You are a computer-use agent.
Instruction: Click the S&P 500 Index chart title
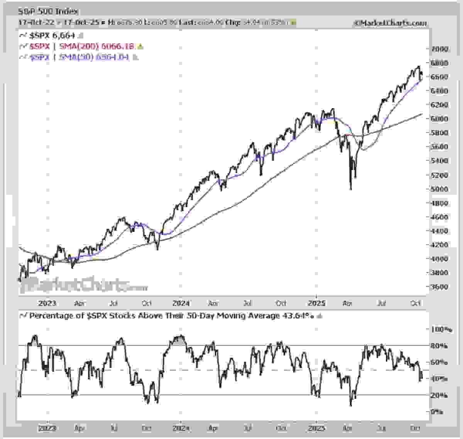(x=48, y=12)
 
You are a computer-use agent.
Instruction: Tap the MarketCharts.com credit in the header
(x=390, y=23)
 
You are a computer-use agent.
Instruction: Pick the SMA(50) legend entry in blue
(x=79, y=57)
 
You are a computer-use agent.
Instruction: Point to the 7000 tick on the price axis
(x=439, y=49)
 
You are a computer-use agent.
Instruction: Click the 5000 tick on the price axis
(x=439, y=189)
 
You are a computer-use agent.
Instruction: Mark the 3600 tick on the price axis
(x=439, y=287)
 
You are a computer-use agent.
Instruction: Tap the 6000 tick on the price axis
(x=439, y=119)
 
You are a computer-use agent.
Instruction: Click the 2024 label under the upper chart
(x=181, y=303)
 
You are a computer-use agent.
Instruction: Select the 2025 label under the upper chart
(x=318, y=303)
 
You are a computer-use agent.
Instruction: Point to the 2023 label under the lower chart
(x=47, y=428)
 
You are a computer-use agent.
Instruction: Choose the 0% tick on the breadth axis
(x=437, y=412)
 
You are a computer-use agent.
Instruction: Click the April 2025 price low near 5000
(x=351, y=189)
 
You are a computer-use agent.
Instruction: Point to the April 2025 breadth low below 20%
(x=351, y=405)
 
